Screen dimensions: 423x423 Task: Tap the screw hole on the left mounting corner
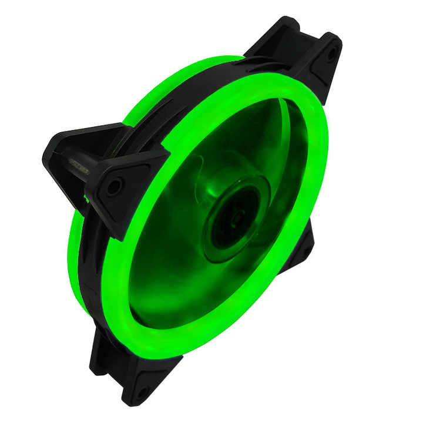[x=113, y=187]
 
